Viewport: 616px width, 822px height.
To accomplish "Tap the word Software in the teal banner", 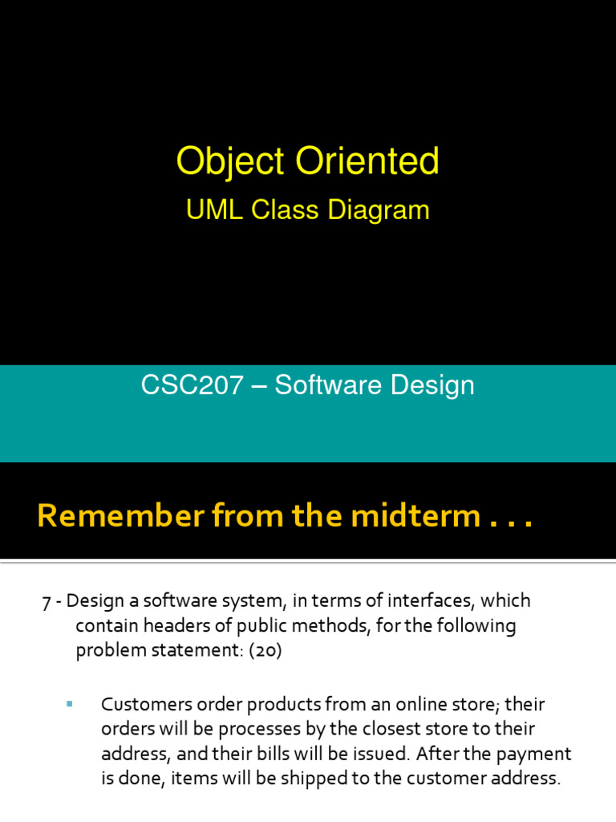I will coord(329,386).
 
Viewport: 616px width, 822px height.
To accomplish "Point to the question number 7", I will coord(46,601).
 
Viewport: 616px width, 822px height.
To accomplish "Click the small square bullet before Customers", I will coord(69,704).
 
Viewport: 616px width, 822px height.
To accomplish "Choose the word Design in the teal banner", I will coord(432,386).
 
